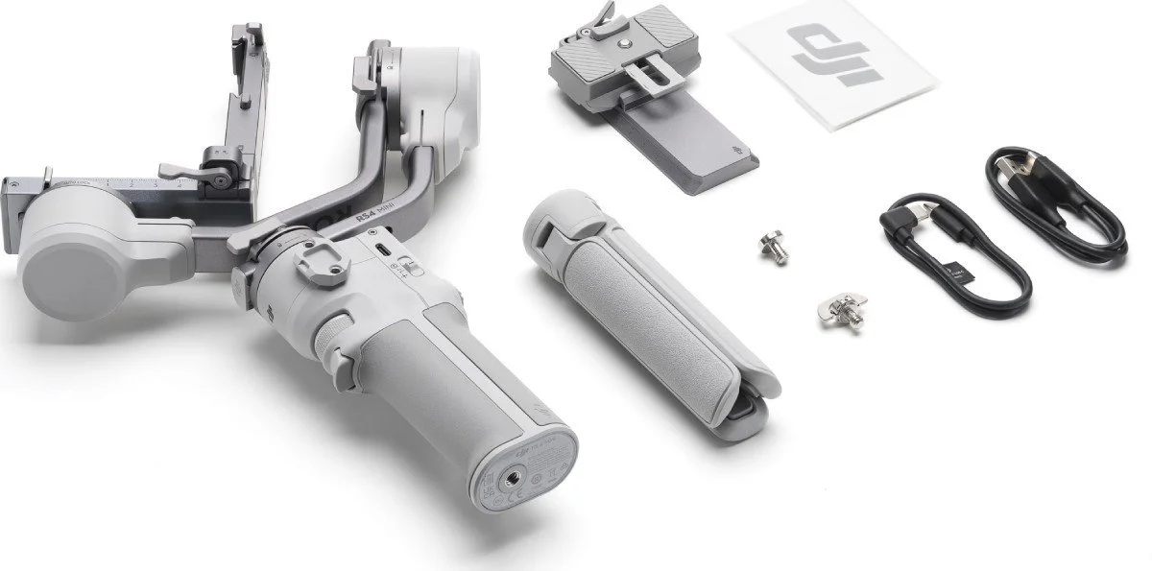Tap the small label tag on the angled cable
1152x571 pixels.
pos(961,274)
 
